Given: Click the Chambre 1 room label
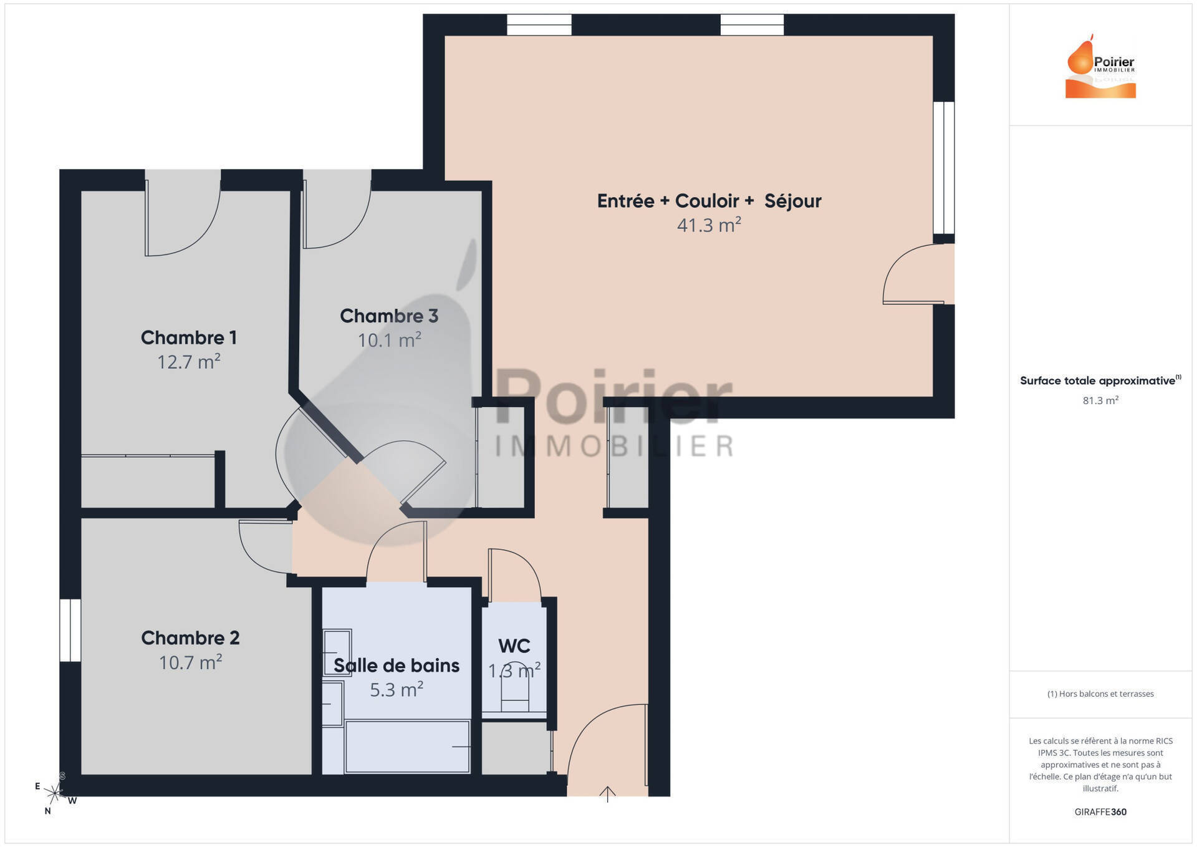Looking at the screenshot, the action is click(189, 337).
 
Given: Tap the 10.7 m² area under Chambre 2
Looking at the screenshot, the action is click(190, 662).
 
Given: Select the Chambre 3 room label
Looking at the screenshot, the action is click(389, 316).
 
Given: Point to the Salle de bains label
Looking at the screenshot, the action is click(397, 665).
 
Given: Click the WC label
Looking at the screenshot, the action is click(514, 646).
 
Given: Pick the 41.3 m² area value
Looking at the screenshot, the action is click(709, 225).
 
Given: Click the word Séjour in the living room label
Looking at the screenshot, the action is click(793, 201).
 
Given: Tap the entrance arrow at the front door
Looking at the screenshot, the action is click(607, 793).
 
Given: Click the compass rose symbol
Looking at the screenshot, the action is click(55, 793).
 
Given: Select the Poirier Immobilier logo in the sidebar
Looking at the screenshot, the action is click(1100, 67).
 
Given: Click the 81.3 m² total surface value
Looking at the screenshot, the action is click(1100, 400).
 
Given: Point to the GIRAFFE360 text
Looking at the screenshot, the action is click(1100, 811).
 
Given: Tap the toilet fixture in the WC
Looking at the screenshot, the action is click(515, 694).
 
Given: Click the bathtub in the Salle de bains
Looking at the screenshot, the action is click(407, 747).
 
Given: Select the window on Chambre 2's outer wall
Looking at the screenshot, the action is click(70, 630).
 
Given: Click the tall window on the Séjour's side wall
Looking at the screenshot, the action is click(944, 167).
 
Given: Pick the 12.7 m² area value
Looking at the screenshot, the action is click(189, 362).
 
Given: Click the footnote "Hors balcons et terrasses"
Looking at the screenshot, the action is click(1100, 694).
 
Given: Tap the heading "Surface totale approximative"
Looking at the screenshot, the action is click(1100, 380).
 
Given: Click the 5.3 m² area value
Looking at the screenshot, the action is click(397, 690).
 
